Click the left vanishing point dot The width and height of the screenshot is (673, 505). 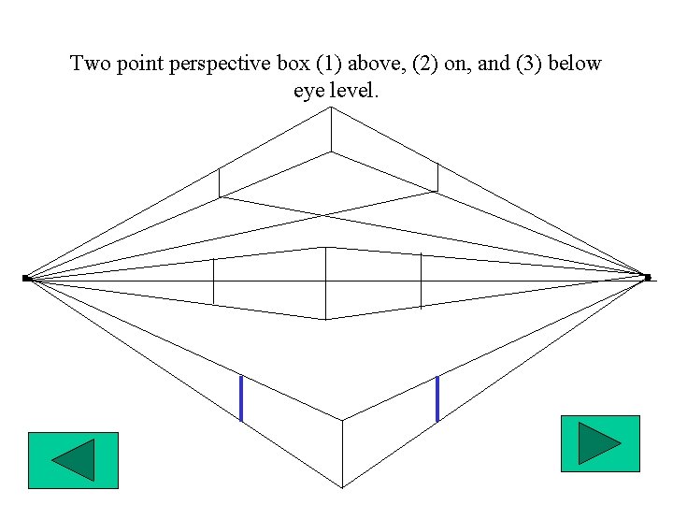tap(26, 278)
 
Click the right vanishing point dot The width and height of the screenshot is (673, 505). tap(648, 277)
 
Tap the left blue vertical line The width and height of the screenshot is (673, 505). tap(241, 397)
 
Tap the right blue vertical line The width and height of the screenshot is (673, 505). tap(437, 397)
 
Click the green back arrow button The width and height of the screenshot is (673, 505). tap(73, 460)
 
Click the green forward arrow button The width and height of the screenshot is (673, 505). tap(599, 443)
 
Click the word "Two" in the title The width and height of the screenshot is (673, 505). tap(90, 65)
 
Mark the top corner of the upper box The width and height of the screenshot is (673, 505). tap(330, 108)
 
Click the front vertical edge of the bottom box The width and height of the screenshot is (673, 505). tap(342, 454)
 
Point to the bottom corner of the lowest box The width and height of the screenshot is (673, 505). tap(342, 487)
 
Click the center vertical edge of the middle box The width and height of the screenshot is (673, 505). tap(325, 282)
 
